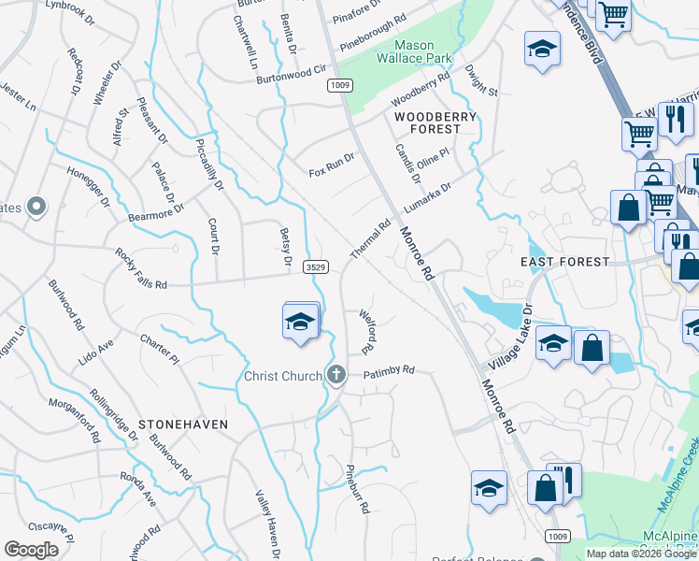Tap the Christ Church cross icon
(x=336, y=376)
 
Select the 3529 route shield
(x=316, y=267)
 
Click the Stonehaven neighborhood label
(x=183, y=424)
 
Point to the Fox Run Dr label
(x=332, y=165)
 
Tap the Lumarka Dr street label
(x=427, y=196)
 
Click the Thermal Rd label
(x=370, y=240)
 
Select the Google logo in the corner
(x=31, y=550)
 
